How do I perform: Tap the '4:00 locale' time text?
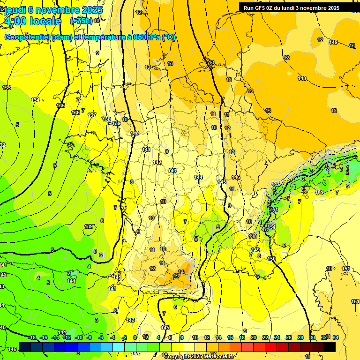pyautogui.click(x=32, y=21)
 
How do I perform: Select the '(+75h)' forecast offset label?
pyautogui.click(x=81, y=21)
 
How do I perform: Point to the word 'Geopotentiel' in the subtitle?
pyautogui.click(x=28, y=37)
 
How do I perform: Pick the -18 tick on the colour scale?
pyautogui.click(x=32, y=337)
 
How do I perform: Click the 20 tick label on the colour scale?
pyautogui.click(x=254, y=337)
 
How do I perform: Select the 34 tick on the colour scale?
pyautogui.click(x=335, y=337)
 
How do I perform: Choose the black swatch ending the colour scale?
pyautogui.click(x=330, y=347)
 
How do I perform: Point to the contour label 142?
pyautogui.click(x=157, y=162)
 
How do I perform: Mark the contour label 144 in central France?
pyautogui.click(x=198, y=177)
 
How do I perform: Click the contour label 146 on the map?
pyautogui.click(x=236, y=177)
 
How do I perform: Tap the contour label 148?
pyautogui.click(x=302, y=78)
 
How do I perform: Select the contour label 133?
pyautogui.click(x=7, y=88)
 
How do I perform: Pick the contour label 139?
pyautogui.click(x=89, y=226)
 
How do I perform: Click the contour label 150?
pyautogui.click(x=271, y=259)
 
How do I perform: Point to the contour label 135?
pyautogui.click(x=60, y=105)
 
